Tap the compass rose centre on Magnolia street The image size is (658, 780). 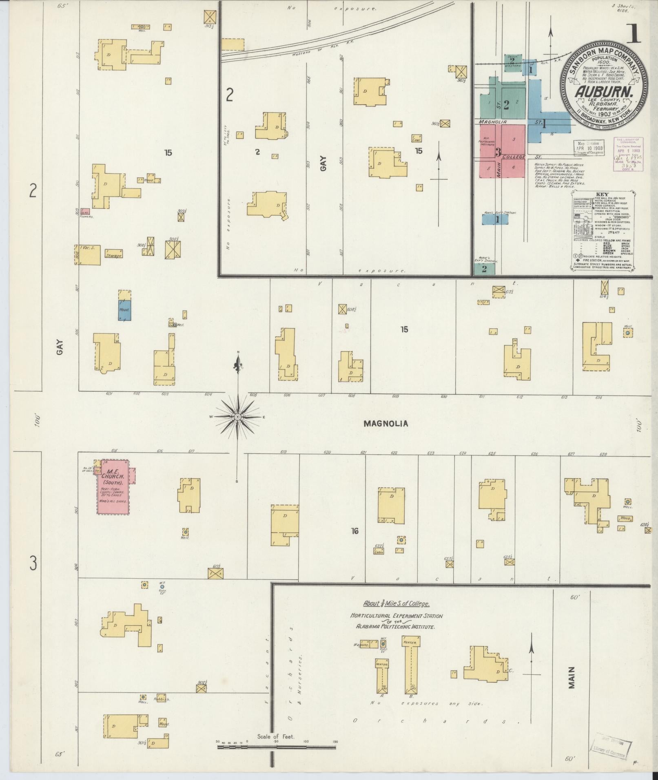(x=237, y=417)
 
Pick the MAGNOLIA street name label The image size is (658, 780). (x=385, y=424)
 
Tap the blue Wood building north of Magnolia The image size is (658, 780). (x=124, y=310)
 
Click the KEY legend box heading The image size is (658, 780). (x=602, y=194)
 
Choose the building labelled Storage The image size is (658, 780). (x=113, y=255)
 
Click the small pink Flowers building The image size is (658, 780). (x=85, y=212)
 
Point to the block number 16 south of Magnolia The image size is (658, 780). (x=354, y=531)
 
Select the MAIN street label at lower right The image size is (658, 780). (x=572, y=677)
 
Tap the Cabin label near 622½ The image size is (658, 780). (x=379, y=552)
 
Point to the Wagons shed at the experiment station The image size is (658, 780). (x=362, y=645)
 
